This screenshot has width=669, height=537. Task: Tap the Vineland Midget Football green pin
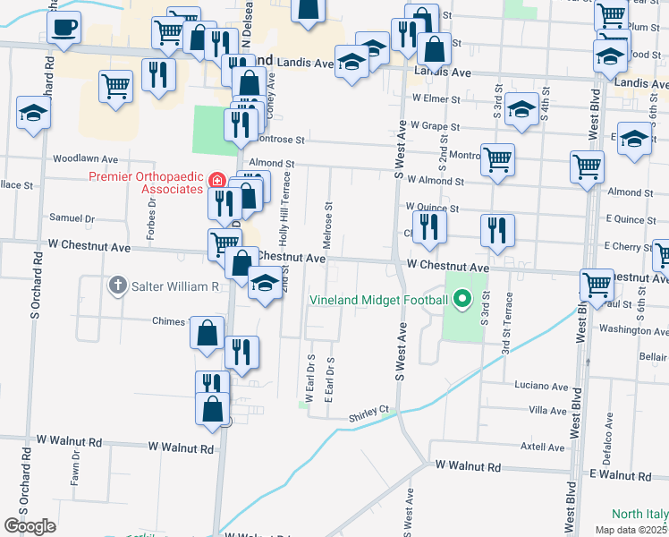(x=462, y=299)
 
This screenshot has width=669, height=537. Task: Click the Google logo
(x=30, y=526)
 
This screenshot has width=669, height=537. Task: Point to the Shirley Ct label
(x=373, y=410)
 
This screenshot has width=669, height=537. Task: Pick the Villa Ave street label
(x=548, y=410)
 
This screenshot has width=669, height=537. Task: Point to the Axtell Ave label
(x=543, y=447)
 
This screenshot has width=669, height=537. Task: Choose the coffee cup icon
(x=64, y=27)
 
